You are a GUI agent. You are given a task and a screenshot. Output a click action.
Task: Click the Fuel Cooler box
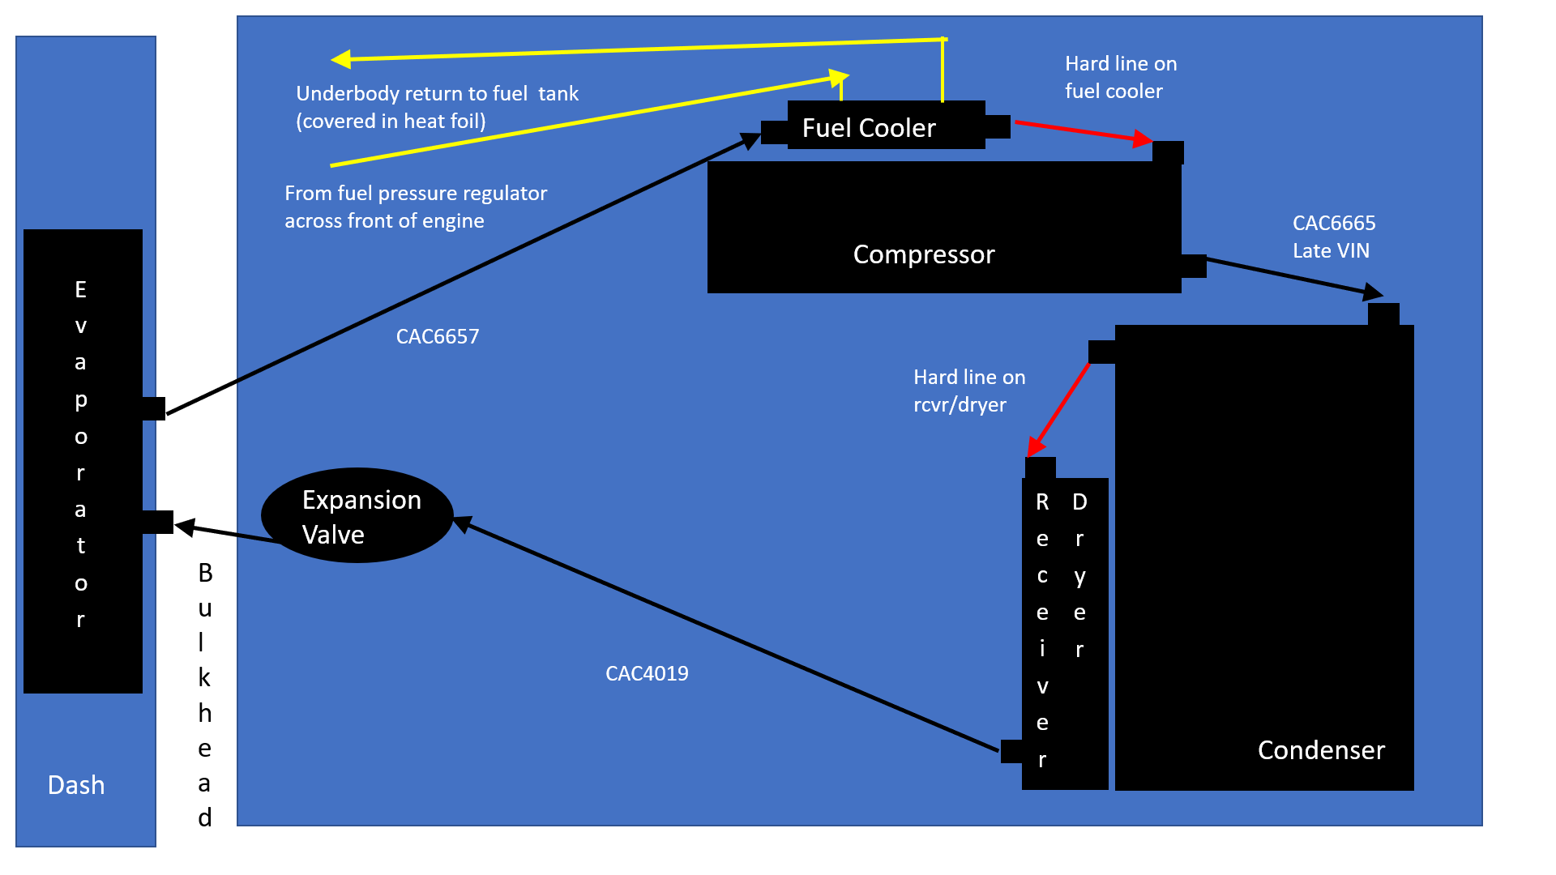(886, 126)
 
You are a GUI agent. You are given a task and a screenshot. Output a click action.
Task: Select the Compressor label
(924, 254)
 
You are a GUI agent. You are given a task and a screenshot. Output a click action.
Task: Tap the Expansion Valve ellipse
(357, 515)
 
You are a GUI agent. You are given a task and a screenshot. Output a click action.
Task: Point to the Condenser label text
(1321, 750)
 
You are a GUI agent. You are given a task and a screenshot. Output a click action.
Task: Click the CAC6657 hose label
(438, 336)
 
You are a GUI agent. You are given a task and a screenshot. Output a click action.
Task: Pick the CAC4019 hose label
(647, 673)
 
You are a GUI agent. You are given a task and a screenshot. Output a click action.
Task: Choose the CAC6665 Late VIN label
(1333, 237)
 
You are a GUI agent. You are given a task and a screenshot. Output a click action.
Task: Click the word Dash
(76, 785)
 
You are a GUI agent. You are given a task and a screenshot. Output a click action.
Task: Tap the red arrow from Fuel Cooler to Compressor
(1082, 132)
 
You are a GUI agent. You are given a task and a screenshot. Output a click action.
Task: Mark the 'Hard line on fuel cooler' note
(1121, 77)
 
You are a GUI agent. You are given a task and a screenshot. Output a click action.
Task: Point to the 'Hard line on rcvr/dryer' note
(969, 391)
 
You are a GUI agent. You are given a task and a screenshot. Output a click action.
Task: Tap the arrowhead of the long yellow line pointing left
(341, 59)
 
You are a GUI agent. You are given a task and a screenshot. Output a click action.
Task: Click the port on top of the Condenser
(1383, 314)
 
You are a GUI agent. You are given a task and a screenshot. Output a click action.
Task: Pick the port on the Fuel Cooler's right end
(998, 126)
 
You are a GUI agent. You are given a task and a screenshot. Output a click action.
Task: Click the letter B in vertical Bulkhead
(205, 573)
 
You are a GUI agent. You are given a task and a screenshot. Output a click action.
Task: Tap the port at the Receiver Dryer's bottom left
(1011, 751)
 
